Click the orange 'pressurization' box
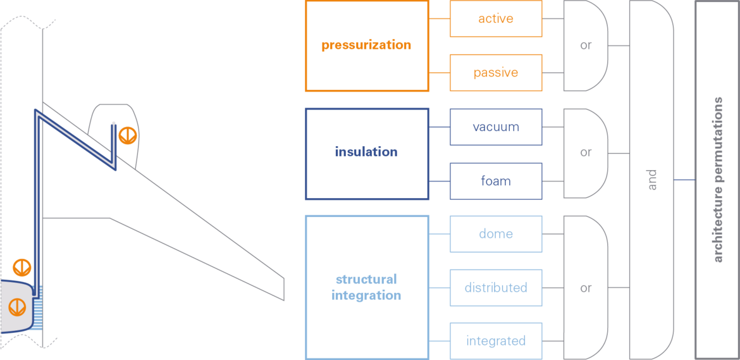pos(367,46)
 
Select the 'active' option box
pos(495,18)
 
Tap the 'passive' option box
pos(495,73)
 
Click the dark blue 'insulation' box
pos(367,154)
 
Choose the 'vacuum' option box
pos(495,127)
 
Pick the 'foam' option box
pos(495,181)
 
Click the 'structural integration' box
pos(367,287)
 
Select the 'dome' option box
pos(495,234)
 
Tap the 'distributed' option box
pos(495,288)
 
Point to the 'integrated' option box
pos(495,341)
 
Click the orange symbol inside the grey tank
pos(17,307)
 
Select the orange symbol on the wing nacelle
pos(127,135)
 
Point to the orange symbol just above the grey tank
pos(22,268)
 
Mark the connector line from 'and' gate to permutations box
pos(684,180)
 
